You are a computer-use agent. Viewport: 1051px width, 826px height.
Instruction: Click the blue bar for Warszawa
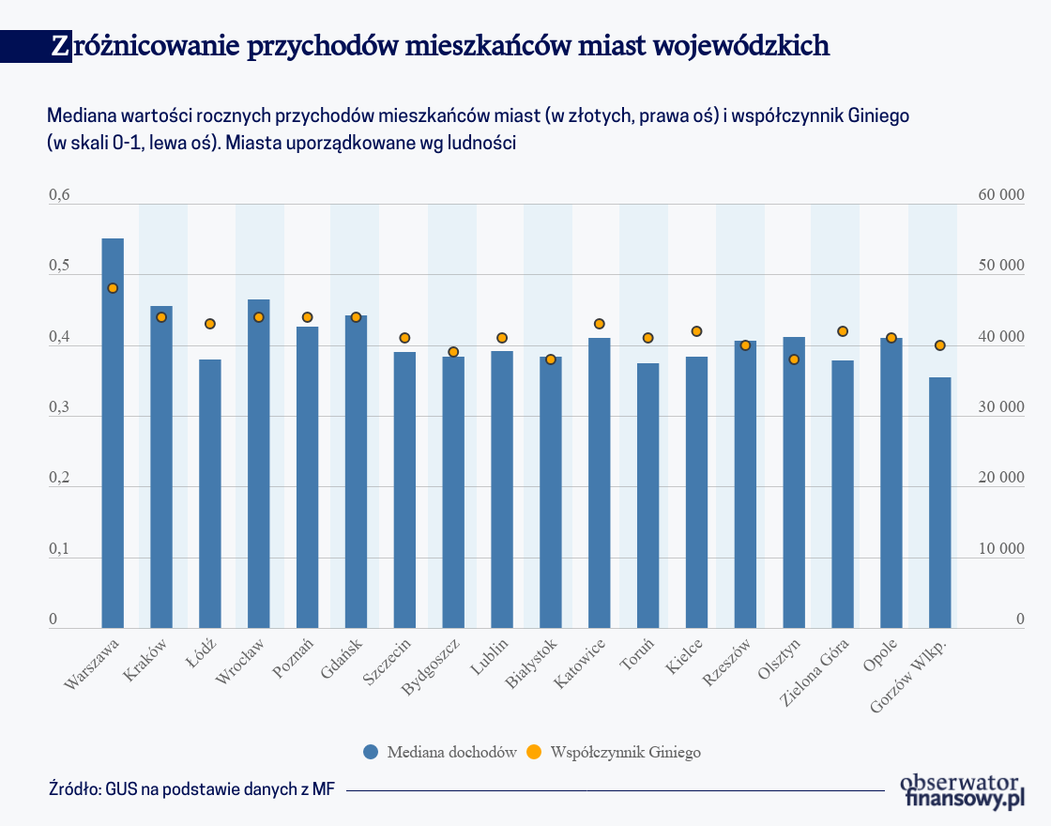pyautogui.click(x=113, y=432)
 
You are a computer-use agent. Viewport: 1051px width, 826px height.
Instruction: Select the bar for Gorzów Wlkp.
pyautogui.click(x=939, y=502)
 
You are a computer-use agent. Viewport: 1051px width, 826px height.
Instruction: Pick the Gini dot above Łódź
pyautogui.click(x=210, y=324)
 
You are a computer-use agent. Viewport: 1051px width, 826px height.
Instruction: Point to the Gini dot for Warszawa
pyautogui.click(x=113, y=288)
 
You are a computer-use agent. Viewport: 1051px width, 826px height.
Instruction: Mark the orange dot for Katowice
pyautogui.click(x=600, y=324)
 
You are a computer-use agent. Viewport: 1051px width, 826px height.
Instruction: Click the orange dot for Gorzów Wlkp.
pyautogui.click(x=939, y=345)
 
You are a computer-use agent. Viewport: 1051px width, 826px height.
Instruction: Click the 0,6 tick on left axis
pyautogui.click(x=59, y=195)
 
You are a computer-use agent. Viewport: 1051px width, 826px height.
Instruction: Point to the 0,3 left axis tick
pyautogui.click(x=59, y=408)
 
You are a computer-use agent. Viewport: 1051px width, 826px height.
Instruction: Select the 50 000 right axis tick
pyautogui.click(x=1001, y=267)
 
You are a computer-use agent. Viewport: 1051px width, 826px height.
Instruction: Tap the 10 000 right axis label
pyautogui.click(x=1001, y=550)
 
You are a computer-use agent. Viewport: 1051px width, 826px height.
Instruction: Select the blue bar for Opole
pyautogui.click(x=891, y=482)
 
